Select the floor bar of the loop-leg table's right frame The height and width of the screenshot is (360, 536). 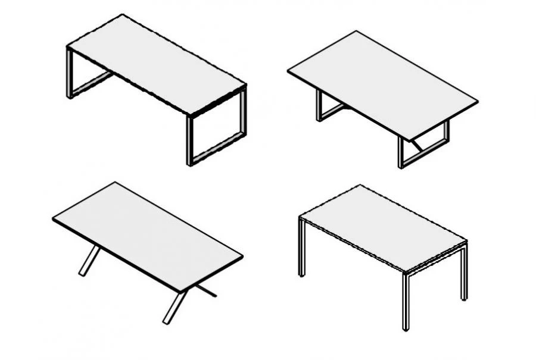pyautogui.click(x=218, y=149)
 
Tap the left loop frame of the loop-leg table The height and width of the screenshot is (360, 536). pyautogui.click(x=70, y=74)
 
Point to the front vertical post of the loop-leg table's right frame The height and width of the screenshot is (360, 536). pyautogui.click(x=190, y=140)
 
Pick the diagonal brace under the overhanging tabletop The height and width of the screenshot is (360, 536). pyautogui.click(x=418, y=145)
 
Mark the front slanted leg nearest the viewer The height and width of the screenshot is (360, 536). pyautogui.click(x=175, y=306)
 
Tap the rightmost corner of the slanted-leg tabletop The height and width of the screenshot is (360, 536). pyautogui.click(x=242, y=257)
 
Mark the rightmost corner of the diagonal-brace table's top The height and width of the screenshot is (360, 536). pyautogui.click(x=477, y=102)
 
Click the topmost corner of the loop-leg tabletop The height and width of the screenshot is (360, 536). pyautogui.click(x=122, y=15)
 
